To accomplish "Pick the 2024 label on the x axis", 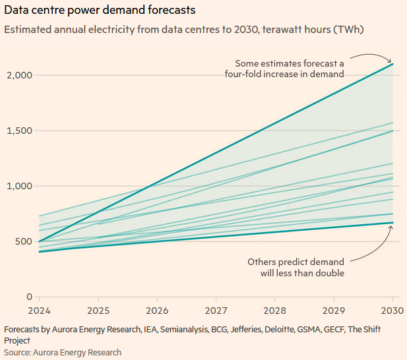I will (x=40, y=309).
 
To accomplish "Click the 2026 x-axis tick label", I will (x=157, y=309).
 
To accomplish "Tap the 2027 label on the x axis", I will (x=216, y=309).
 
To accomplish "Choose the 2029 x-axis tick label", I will (x=334, y=309).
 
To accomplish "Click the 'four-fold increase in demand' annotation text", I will (x=284, y=75).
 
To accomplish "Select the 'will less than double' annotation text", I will (x=303, y=272).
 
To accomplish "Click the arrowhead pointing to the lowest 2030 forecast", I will (x=391, y=227).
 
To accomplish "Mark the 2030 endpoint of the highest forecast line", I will (x=393, y=64).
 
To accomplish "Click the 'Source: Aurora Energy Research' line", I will (x=63, y=353).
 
